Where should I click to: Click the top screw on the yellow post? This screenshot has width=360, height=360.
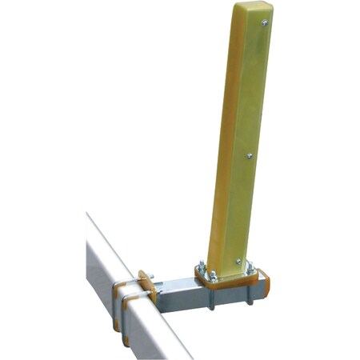pos(265,23)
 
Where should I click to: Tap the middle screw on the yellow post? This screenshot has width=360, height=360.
pos(250,156)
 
